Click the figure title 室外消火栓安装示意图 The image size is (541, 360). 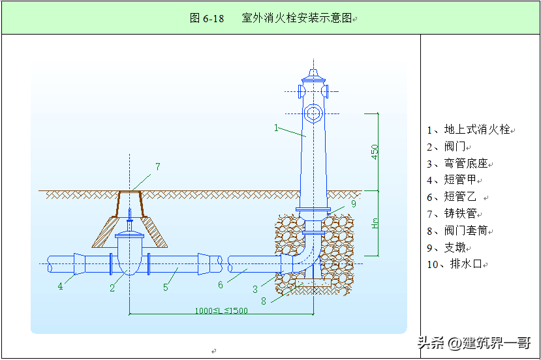coord(297,18)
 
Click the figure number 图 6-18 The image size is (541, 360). coord(206,18)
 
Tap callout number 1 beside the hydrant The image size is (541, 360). coord(277,128)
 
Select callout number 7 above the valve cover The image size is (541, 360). coord(157,167)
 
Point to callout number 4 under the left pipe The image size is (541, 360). coord(61,286)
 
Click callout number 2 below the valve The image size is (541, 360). coord(112,288)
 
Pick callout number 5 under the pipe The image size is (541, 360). coord(166,286)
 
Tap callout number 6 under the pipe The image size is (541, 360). coord(221,284)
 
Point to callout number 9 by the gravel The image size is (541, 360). coord(353,203)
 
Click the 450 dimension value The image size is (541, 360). coord(375,152)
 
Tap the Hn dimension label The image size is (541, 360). coord(375,222)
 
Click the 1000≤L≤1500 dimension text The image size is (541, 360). coord(221,310)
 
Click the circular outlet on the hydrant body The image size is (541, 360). coord(314,113)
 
